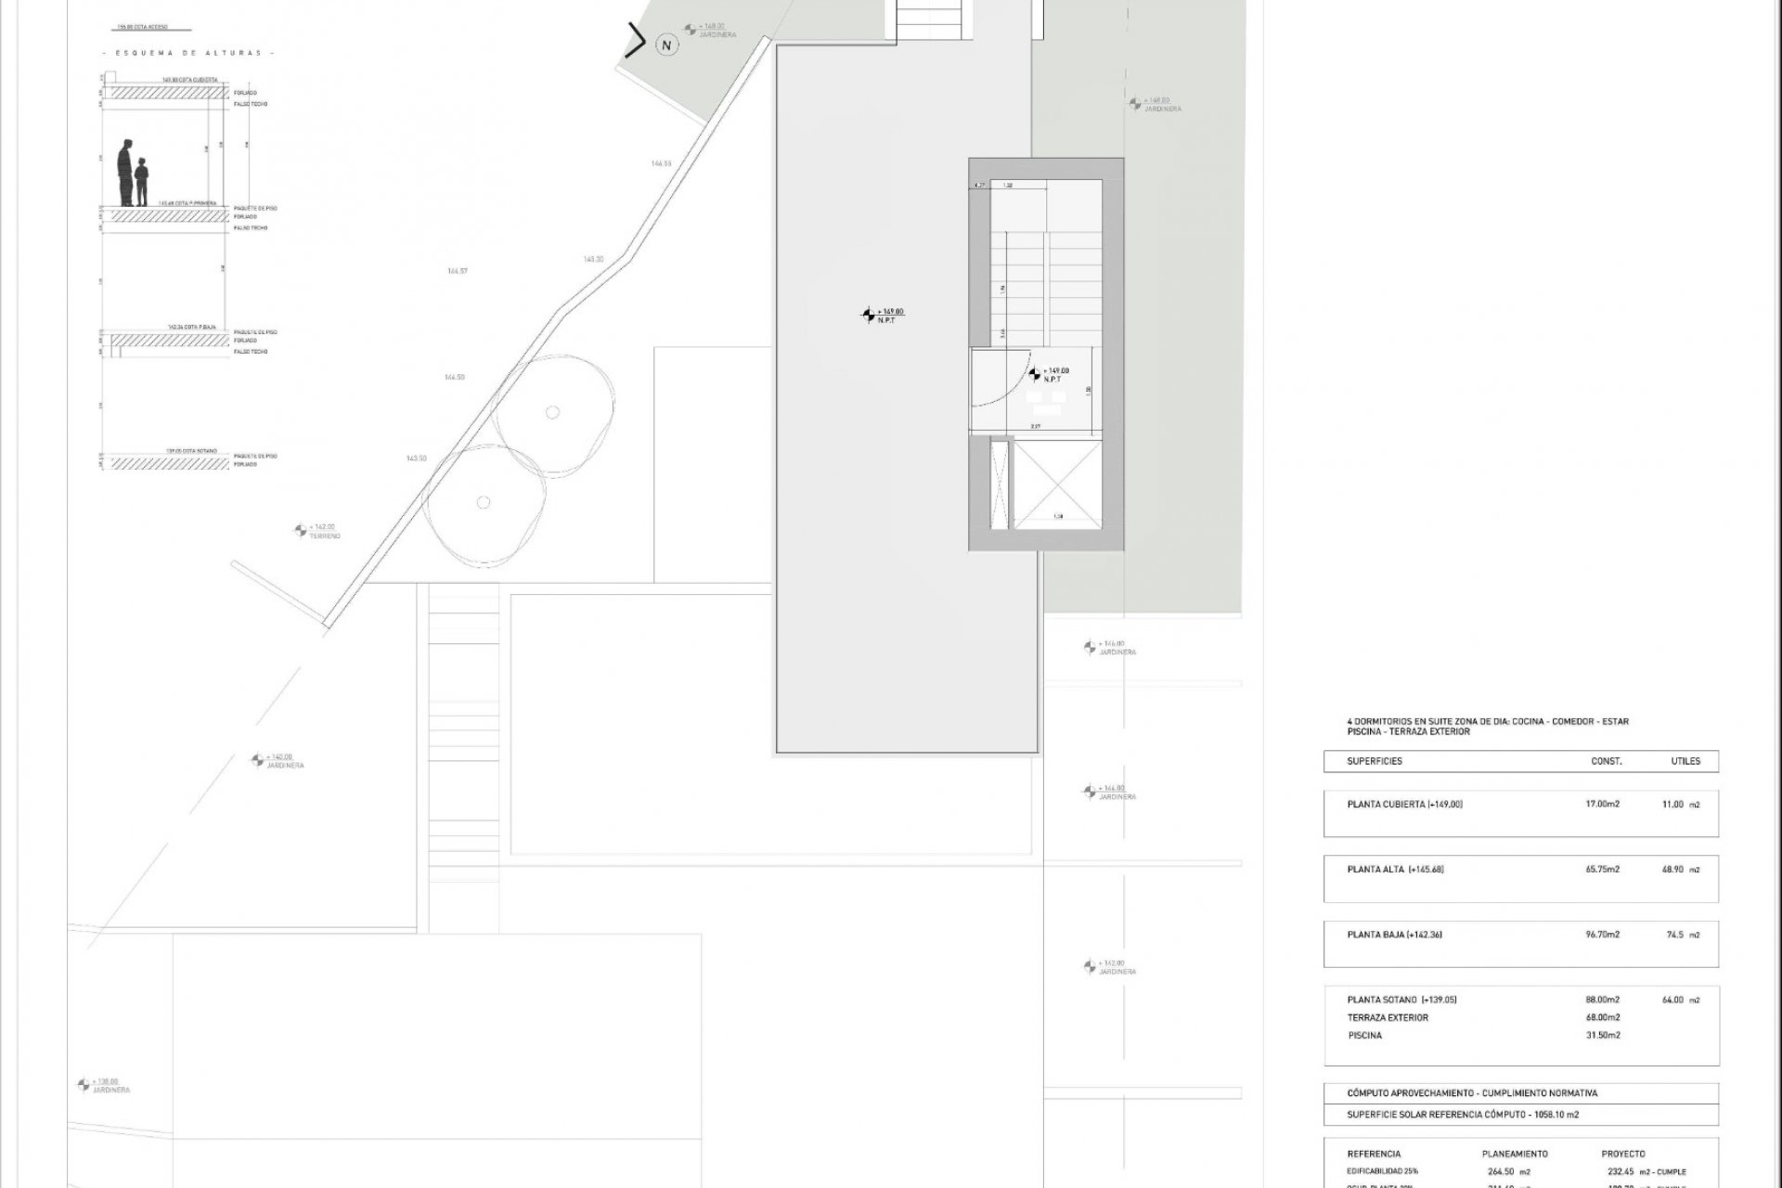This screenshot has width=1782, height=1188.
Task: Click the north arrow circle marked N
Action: tap(665, 44)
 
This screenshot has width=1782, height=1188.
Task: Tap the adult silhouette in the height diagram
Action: tap(125, 174)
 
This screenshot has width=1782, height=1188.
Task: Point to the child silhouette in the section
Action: tap(142, 182)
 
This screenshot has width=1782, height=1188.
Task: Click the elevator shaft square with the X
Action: tap(1055, 483)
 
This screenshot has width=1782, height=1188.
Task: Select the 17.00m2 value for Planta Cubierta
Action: tap(1602, 804)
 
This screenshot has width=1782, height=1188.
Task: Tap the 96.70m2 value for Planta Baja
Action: tap(1602, 935)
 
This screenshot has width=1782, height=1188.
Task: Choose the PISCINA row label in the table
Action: tap(1364, 1035)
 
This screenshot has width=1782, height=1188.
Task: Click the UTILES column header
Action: tap(1685, 761)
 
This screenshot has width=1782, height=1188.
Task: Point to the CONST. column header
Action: tap(1607, 761)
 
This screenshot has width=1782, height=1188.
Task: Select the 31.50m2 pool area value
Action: tap(1602, 1035)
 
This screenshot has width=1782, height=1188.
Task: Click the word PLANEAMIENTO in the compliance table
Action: tap(1515, 1154)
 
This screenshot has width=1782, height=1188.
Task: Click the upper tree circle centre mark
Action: tap(553, 412)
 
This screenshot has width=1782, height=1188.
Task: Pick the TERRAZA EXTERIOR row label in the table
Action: tap(1388, 1017)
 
